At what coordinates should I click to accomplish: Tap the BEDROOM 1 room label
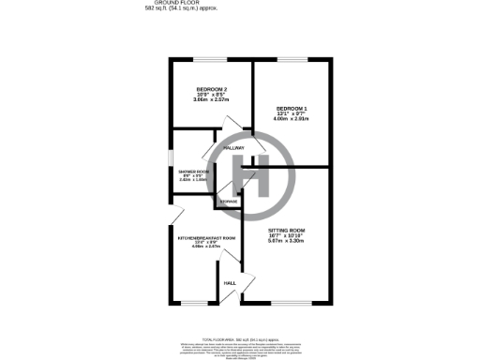(292, 108)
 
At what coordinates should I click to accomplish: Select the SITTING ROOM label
(286, 230)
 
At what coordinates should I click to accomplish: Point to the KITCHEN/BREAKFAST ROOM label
(205, 238)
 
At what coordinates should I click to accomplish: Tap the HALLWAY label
(232, 148)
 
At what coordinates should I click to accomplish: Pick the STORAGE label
(228, 202)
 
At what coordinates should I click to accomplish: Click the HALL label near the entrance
(228, 282)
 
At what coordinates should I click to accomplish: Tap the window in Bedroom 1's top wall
(292, 60)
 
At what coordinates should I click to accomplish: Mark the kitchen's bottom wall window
(196, 303)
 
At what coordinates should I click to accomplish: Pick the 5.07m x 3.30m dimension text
(286, 241)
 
